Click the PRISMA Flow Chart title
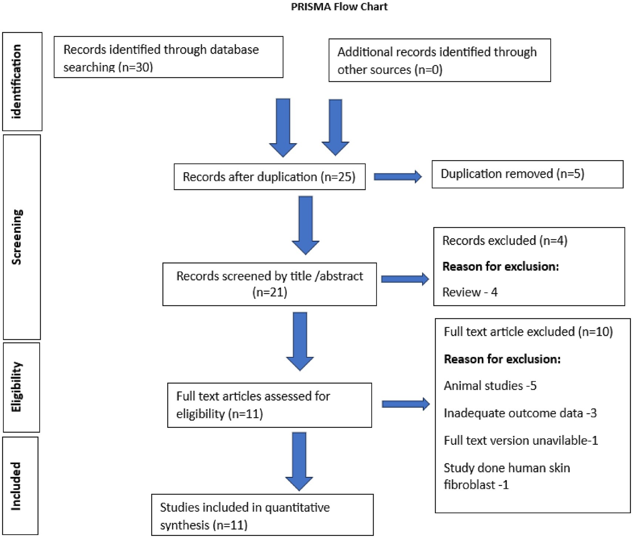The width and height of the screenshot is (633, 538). [x=339, y=7]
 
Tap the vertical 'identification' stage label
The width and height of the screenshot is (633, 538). [x=17, y=81]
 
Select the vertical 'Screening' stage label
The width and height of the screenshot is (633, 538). [x=17, y=237]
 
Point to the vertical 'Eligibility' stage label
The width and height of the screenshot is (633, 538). [x=17, y=387]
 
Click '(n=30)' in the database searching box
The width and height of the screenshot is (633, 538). [x=135, y=67]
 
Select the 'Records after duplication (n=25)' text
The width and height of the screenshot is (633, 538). [x=269, y=177]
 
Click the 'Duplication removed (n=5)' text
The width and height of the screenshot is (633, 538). [x=512, y=174]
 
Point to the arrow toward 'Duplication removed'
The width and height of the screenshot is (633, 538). [x=397, y=177]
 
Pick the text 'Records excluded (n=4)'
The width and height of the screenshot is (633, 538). [x=504, y=241]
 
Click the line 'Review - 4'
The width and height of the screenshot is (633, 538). [x=470, y=292]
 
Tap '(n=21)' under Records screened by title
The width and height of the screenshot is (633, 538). [x=269, y=292]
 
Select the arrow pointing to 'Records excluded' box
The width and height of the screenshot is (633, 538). [x=404, y=279]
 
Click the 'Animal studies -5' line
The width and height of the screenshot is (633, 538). [x=490, y=386]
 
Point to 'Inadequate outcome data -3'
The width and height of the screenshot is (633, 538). [x=520, y=413]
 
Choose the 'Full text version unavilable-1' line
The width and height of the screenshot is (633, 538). [x=520, y=440]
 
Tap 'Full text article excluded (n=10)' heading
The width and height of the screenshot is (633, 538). [x=528, y=332]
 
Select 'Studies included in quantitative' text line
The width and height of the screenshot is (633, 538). [x=245, y=507]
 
